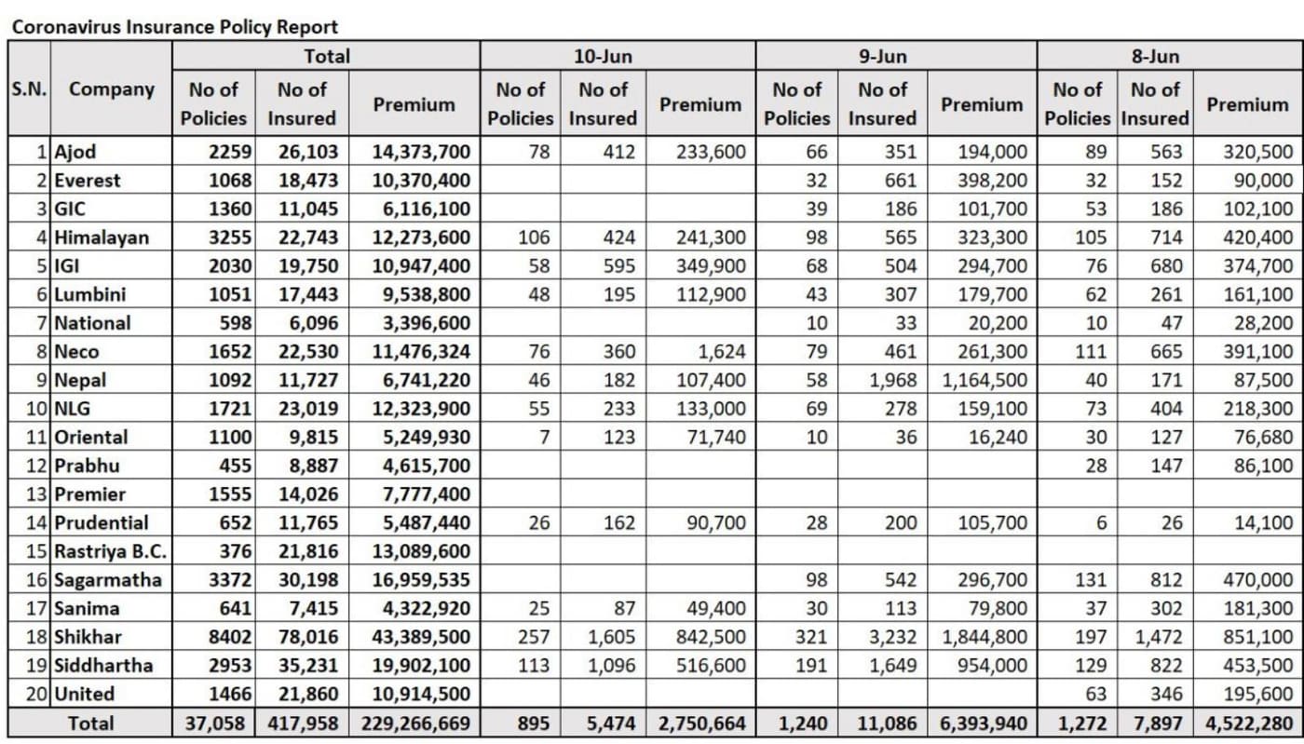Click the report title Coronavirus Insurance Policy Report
(174, 27)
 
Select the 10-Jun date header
(603, 56)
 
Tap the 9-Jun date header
(882, 56)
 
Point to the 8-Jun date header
(1155, 56)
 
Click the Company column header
(112, 89)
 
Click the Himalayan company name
(102, 237)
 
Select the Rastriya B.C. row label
(110, 551)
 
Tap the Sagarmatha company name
(107, 580)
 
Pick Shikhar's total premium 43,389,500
(421, 637)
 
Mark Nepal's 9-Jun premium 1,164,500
(985, 380)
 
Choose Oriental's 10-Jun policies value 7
(543, 437)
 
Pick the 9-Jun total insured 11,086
(881, 724)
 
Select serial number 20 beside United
(37, 694)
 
